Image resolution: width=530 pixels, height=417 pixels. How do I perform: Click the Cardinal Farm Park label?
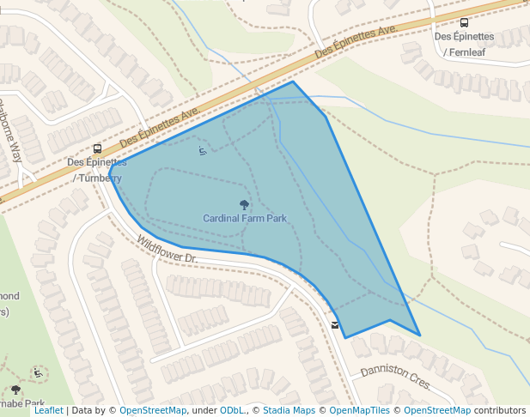(245, 218)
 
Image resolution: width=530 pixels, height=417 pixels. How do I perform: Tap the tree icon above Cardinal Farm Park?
(245, 205)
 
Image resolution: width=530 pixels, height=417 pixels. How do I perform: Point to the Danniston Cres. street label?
(395, 375)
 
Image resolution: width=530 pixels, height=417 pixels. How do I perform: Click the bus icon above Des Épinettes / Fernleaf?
(465, 23)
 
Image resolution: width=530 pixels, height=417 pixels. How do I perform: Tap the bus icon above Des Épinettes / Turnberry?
(97, 148)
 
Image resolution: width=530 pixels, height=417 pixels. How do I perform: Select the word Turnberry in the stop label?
(100, 178)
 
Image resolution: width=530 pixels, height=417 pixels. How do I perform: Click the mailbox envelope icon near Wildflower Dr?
(335, 325)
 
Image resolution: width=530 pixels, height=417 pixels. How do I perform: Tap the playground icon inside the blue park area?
(203, 152)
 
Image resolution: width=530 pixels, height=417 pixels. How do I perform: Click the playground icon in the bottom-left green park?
(38, 373)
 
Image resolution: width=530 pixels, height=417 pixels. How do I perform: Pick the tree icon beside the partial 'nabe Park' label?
(15, 390)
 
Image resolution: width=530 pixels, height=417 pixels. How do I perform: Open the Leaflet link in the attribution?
(48, 411)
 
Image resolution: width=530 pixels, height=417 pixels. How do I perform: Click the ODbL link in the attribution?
(232, 411)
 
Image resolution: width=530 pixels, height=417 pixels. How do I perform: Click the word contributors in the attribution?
(500, 411)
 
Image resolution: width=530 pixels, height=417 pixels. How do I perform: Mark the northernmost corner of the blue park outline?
(293, 82)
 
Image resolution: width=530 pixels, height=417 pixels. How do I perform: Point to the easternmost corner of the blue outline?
(420, 335)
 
